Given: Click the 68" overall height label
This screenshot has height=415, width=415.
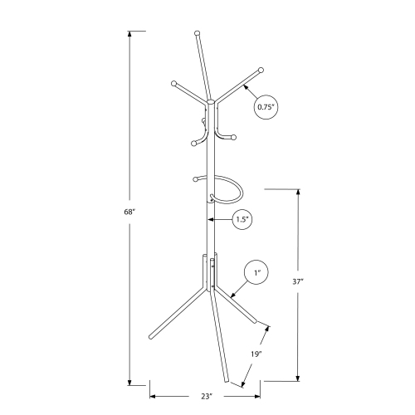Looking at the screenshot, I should pyautogui.click(x=129, y=212).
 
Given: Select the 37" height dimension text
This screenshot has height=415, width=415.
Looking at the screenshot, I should pyautogui.click(x=298, y=282).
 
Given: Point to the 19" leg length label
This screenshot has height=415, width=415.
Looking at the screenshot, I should pyautogui.click(x=256, y=354).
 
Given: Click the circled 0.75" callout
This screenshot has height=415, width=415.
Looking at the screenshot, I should pyautogui.click(x=266, y=106).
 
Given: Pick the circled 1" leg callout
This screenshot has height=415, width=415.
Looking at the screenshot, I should pyautogui.click(x=257, y=272).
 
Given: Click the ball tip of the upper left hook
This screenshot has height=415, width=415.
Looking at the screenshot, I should pyautogui.click(x=174, y=83).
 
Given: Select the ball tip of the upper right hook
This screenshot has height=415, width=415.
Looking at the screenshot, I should pyautogui.click(x=260, y=70).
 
